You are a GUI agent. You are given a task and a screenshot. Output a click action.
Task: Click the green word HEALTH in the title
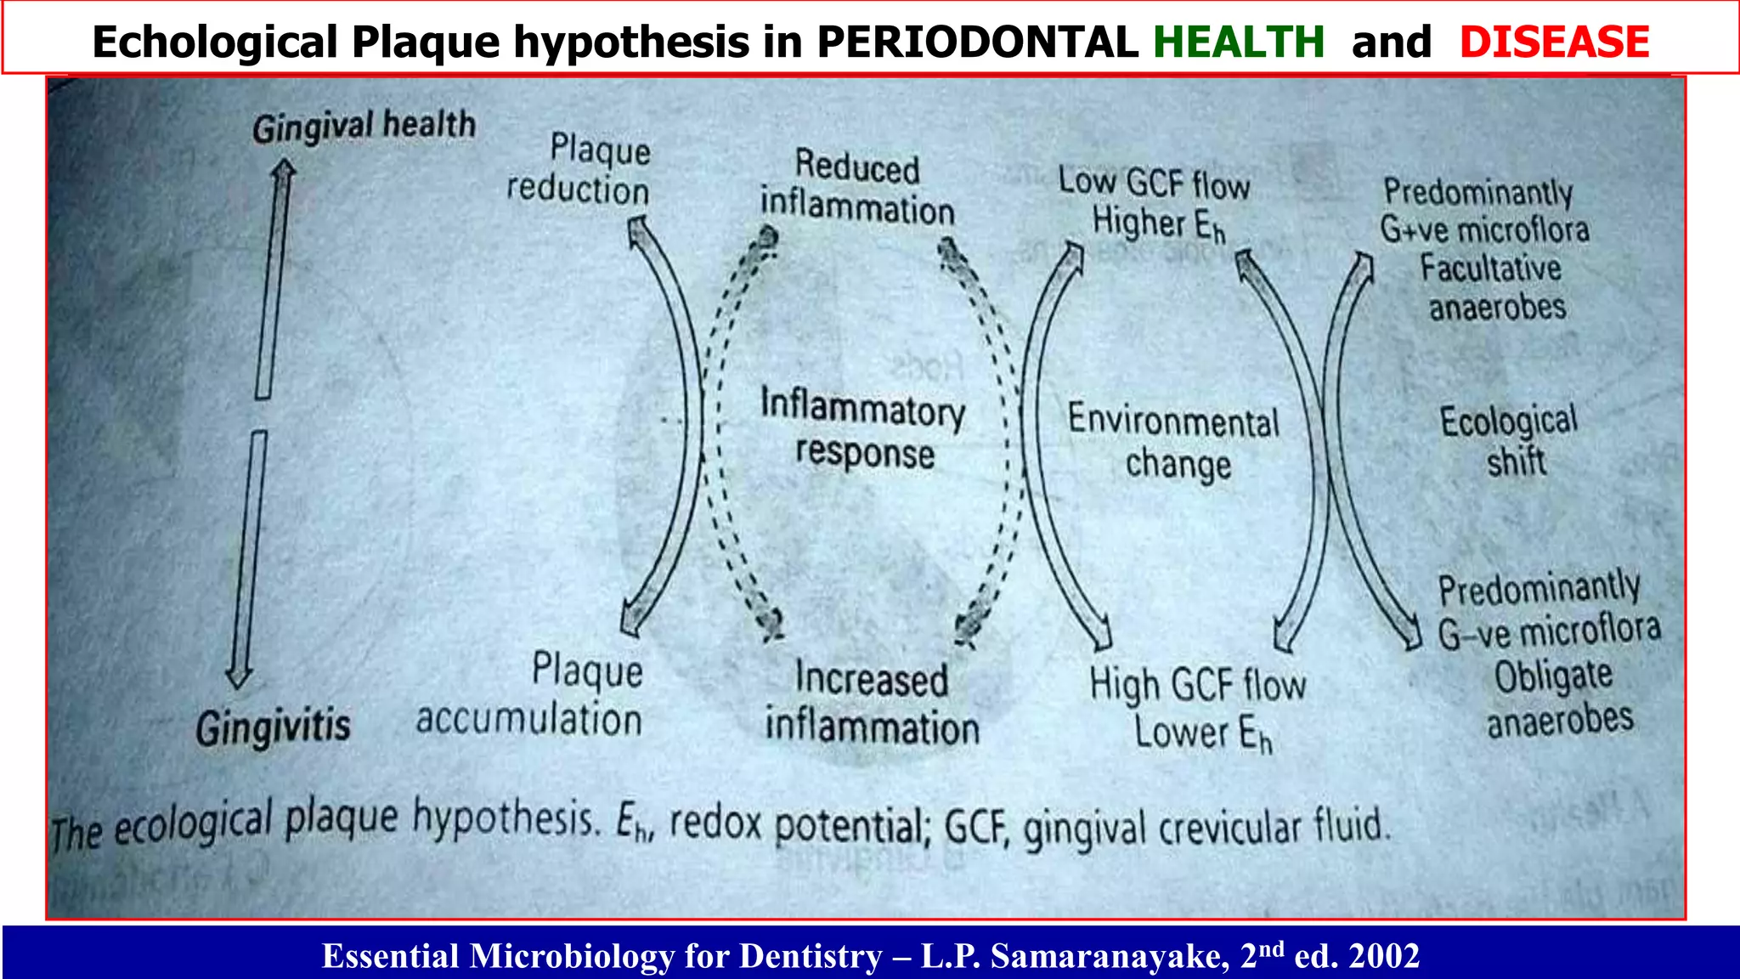coord(1238,42)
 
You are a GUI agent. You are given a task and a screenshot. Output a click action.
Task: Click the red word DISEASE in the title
coord(1554,42)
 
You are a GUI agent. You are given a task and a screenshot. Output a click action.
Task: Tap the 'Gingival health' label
coord(364,127)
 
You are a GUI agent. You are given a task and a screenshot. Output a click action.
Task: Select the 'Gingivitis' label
coord(273,727)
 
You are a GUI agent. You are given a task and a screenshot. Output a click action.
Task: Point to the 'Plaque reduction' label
coord(580,170)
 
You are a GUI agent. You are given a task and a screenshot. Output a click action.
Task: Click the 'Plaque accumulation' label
coord(530,695)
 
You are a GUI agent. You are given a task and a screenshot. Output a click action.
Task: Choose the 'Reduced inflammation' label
coord(857,188)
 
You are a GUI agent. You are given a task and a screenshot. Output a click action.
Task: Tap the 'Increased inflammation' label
coord(873,704)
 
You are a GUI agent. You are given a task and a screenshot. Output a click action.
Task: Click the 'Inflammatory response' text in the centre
coord(863,430)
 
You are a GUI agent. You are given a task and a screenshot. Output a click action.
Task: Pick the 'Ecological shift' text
coord(1510,440)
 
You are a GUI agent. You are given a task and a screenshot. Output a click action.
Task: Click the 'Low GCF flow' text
coord(1154,183)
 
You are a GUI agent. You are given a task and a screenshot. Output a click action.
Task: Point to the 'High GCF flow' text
coord(1198,684)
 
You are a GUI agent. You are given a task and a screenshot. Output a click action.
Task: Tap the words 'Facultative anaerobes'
coord(1494,287)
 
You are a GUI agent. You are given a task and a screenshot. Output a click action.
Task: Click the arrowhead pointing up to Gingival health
coord(284,171)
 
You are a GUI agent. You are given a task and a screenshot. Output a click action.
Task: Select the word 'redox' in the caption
coord(715,823)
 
